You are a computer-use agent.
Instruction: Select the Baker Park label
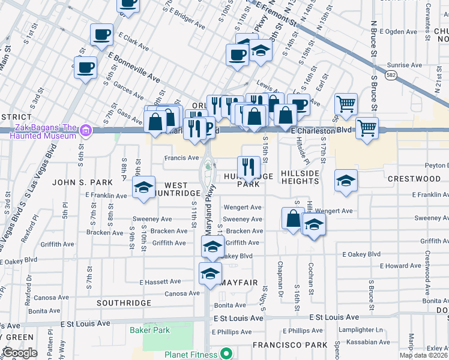point(149,330)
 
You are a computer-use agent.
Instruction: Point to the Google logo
point(20,353)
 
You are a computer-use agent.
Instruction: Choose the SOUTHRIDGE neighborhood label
point(123,303)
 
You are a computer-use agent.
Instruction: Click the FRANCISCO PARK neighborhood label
point(290,345)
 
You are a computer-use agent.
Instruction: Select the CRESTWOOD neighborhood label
point(414,179)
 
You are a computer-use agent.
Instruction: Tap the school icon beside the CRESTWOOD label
point(346,181)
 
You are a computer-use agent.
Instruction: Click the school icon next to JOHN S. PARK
point(144,188)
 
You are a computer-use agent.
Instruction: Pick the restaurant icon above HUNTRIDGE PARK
point(248,166)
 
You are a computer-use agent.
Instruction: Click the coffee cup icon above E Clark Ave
point(101,34)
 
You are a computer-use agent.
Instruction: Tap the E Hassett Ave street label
point(160,281)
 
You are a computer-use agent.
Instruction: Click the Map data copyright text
point(423,355)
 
